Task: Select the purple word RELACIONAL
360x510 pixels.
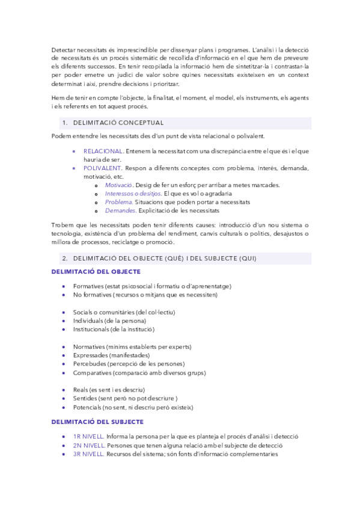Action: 103,151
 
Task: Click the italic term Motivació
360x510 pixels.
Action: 118,185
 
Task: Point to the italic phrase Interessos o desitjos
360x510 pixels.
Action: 133,194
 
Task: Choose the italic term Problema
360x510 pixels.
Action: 118,202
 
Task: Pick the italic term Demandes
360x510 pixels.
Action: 119,211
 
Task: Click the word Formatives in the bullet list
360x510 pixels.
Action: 88,286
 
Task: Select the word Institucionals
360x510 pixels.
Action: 91,330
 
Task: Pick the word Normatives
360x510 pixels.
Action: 89,347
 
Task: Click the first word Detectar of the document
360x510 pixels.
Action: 64,49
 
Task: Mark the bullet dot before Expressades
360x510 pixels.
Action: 64,356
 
